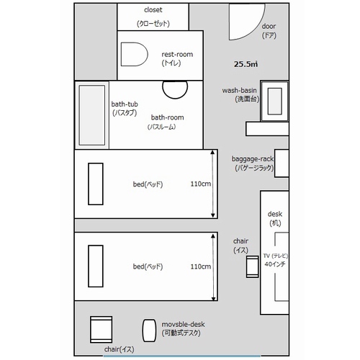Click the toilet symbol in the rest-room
point(134,54)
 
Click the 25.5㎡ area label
point(246,64)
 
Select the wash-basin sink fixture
point(274,101)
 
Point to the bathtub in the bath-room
point(92,115)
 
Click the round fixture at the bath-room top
point(175,90)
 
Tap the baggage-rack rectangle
point(282,163)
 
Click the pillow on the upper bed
point(96,184)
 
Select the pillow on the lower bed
point(96,266)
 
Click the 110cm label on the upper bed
point(201,184)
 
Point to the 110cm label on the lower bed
point(201,266)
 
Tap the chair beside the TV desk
point(252,266)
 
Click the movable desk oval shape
point(149,330)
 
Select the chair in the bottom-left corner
point(101,329)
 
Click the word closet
point(153,10)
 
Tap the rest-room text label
point(177,55)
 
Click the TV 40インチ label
point(275,260)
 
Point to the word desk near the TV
point(275,214)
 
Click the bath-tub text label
point(125,104)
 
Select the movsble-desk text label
point(183,325)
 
